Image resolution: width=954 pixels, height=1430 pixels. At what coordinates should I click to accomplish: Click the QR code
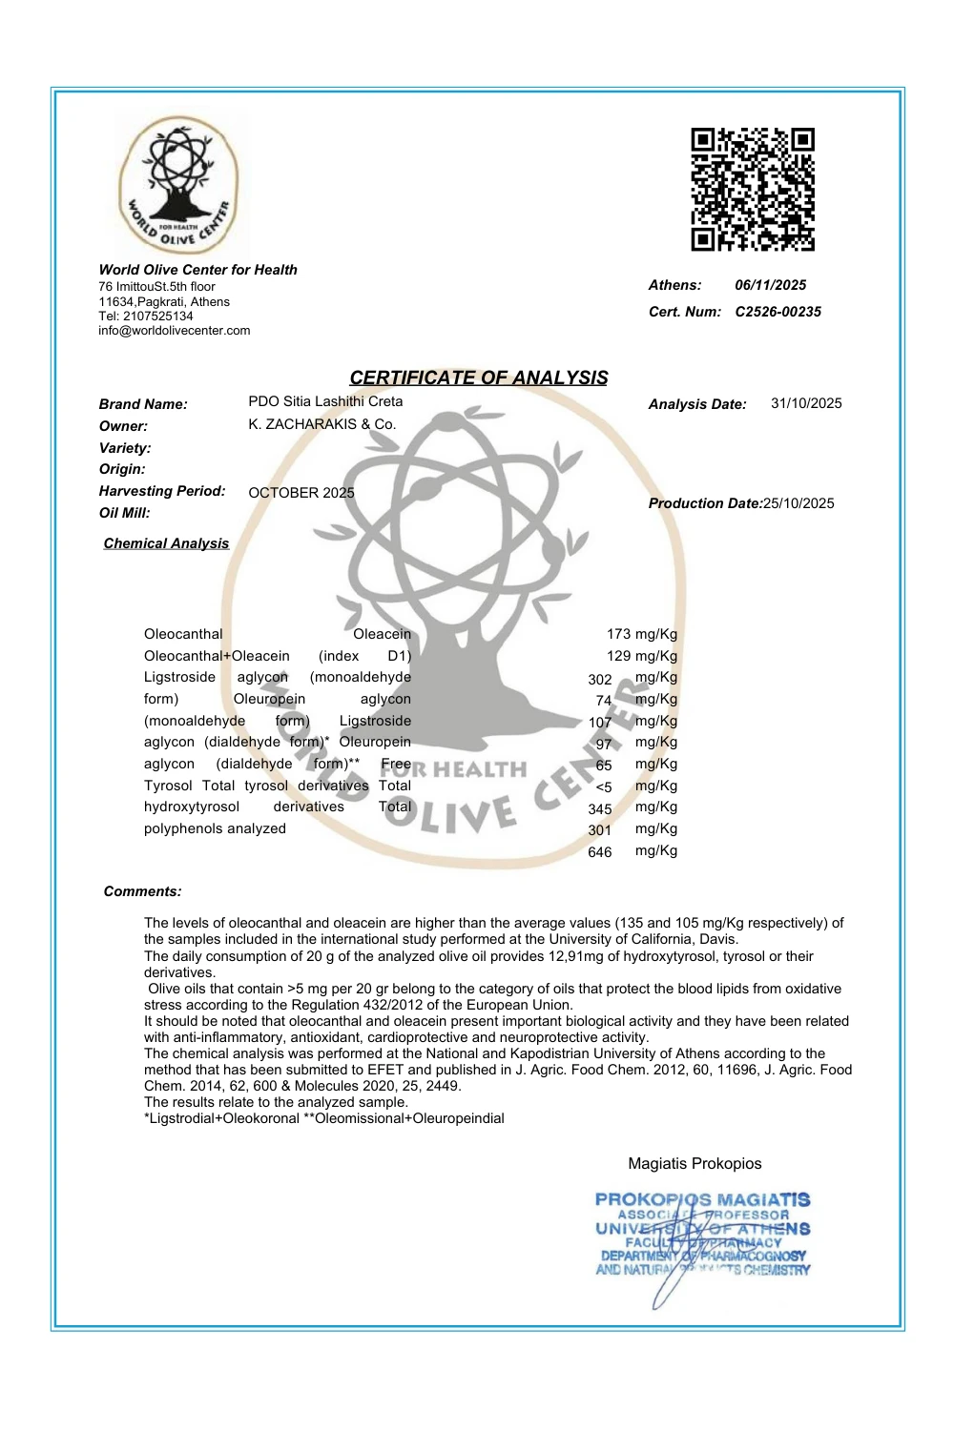click(x=753, y=190)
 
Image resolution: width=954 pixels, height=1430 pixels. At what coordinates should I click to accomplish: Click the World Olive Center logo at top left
click(x=179, y=186)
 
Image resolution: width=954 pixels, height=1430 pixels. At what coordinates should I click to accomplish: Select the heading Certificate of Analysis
click(x=478, y=378)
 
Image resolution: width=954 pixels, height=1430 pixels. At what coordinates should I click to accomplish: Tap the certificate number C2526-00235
click(x=778, y=312)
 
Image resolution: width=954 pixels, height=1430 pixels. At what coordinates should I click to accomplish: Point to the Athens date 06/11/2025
click(x=770, y=285)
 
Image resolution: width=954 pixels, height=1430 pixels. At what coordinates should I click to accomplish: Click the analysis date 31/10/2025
click(x=806, y=403)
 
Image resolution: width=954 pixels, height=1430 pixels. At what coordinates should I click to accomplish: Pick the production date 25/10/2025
click(x=798, y=503)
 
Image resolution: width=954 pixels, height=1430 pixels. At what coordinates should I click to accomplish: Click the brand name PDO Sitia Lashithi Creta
click(x=325, y=401)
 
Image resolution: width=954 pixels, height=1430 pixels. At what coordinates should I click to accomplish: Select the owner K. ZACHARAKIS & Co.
click(x=321, y=424)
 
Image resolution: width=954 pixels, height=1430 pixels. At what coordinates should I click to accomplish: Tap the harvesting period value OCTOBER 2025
click(x=301, y=493)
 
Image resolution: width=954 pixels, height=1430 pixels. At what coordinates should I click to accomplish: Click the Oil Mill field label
click(x=124, y=513)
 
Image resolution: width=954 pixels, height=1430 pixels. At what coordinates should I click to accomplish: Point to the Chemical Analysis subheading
click(x=166, y=543)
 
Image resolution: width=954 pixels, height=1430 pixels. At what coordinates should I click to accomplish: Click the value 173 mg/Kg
click(x=641, y=634)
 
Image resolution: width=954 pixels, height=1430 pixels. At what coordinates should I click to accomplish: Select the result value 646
click(x=600, y=852)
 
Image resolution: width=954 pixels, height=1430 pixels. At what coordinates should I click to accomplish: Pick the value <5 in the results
click(x=604, y=787)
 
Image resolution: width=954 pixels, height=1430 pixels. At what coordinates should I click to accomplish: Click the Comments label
click(x=142, y=891)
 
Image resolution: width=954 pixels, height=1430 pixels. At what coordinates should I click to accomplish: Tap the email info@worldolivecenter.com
click(x=175, y=331)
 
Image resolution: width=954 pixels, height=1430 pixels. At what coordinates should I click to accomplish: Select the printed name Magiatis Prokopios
click(x=695, y=1163)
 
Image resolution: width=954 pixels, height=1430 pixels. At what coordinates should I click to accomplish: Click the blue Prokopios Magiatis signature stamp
click(x=702, y=1235)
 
